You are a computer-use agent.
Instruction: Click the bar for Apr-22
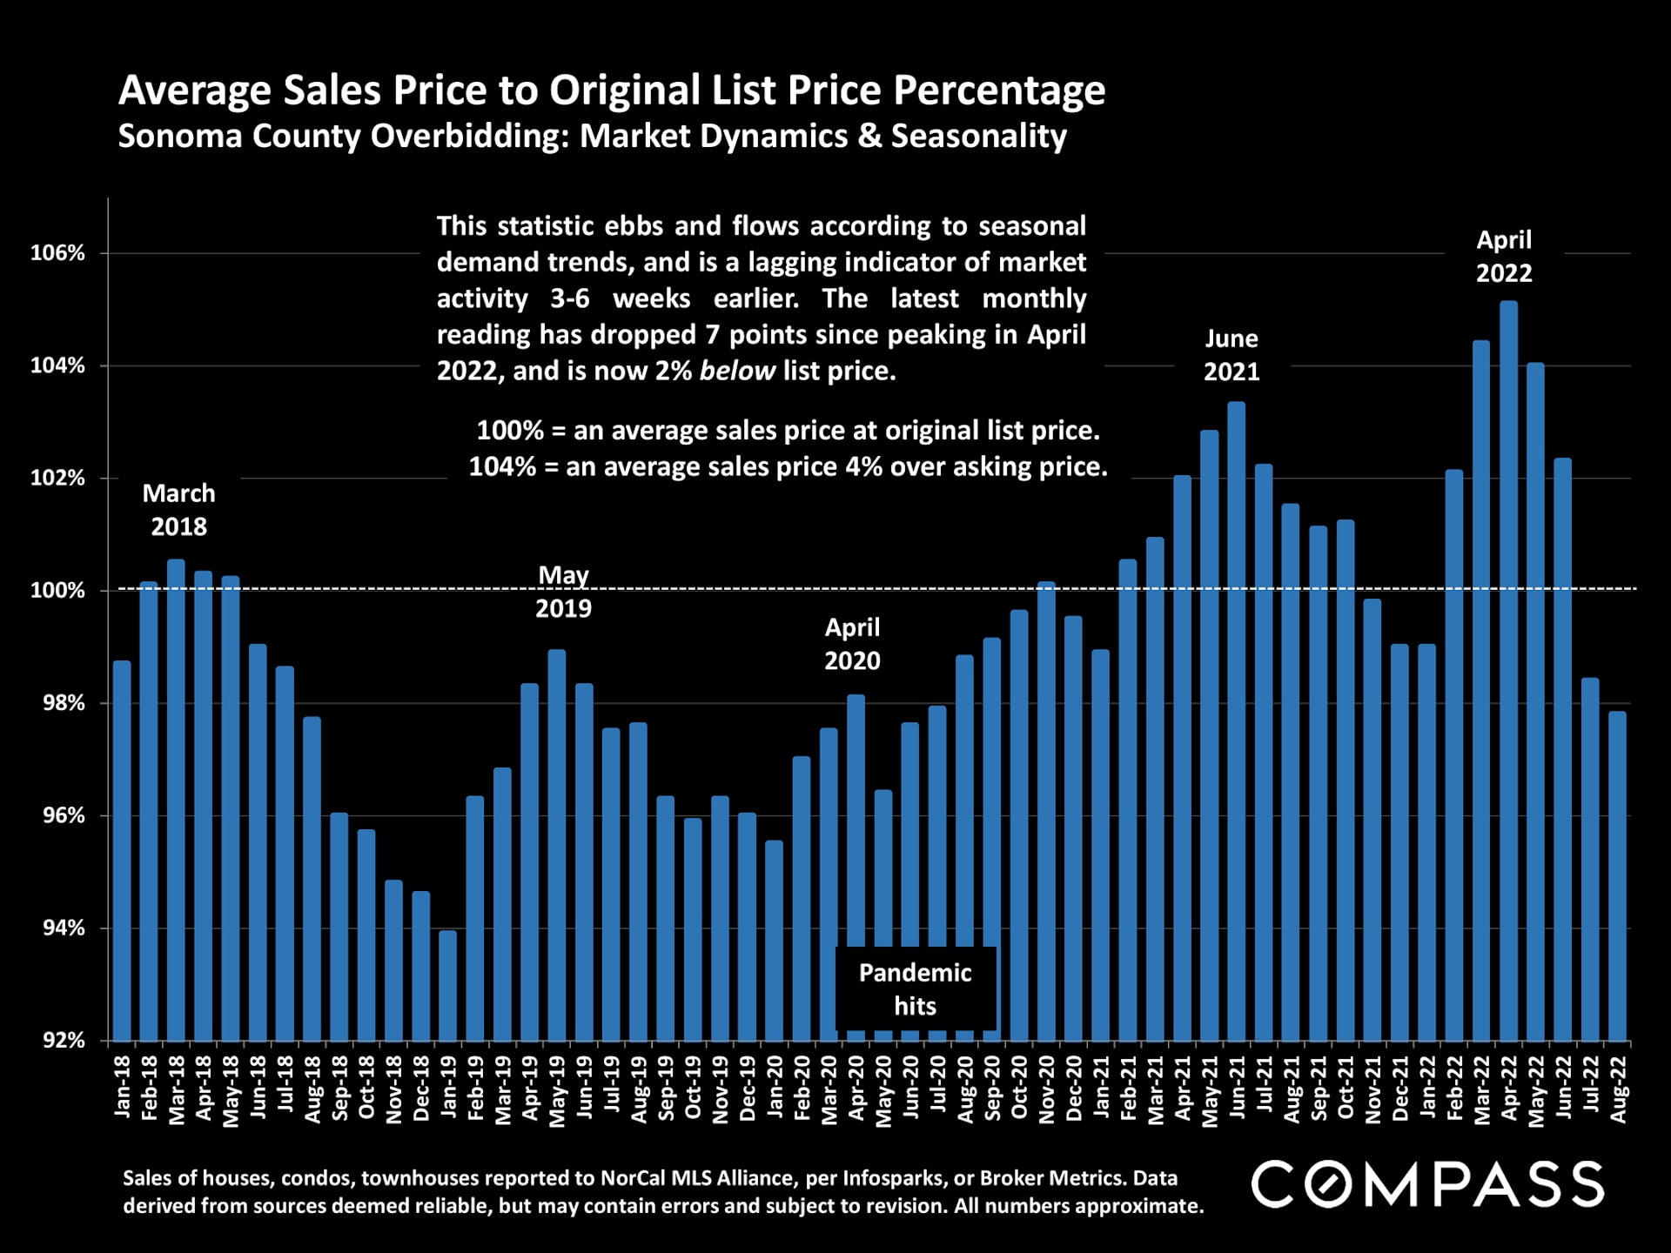pos(1508,670)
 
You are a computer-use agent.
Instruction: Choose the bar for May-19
pos(557,844)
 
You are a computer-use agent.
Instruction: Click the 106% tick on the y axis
pos(58,253)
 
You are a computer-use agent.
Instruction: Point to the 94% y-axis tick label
pos(64,928)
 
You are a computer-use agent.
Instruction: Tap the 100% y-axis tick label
pos(58,591)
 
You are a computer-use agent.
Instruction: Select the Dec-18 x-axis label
pos(421,1088)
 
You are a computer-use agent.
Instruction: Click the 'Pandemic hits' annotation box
pos(915,989)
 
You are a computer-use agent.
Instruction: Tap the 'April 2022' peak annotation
pos(1504,257)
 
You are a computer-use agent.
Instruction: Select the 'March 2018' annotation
pos(178,510)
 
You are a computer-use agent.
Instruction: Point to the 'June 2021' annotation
pos(1231,355)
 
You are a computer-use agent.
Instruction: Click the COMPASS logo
pos(1427,1184)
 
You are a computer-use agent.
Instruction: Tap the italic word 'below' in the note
pos(736,372)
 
